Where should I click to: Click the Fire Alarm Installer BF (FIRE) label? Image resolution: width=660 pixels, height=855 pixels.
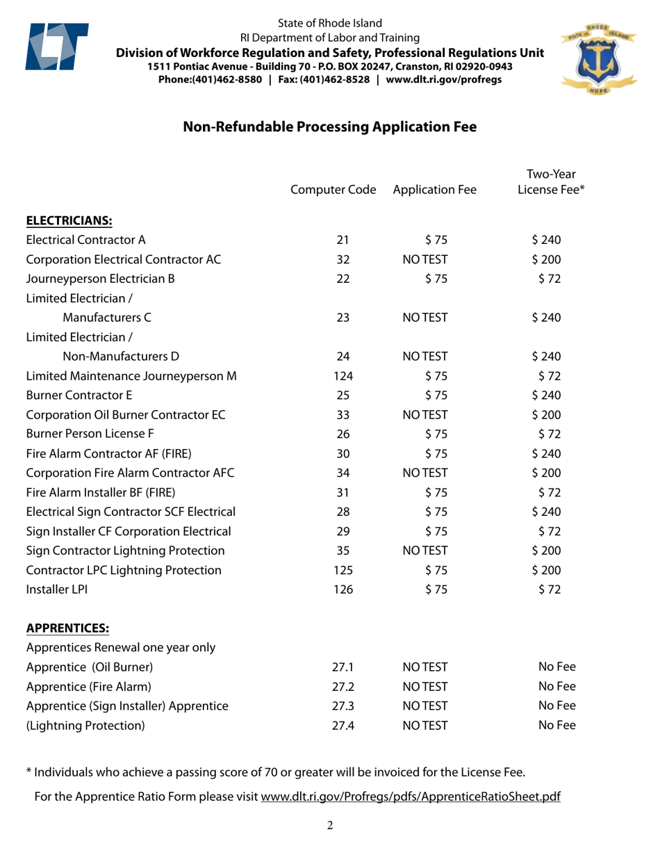tap(105, 493)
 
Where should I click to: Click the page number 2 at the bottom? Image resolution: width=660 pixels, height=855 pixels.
tap(330, 826)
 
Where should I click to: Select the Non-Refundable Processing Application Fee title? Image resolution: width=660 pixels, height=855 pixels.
tap(329, 127)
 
